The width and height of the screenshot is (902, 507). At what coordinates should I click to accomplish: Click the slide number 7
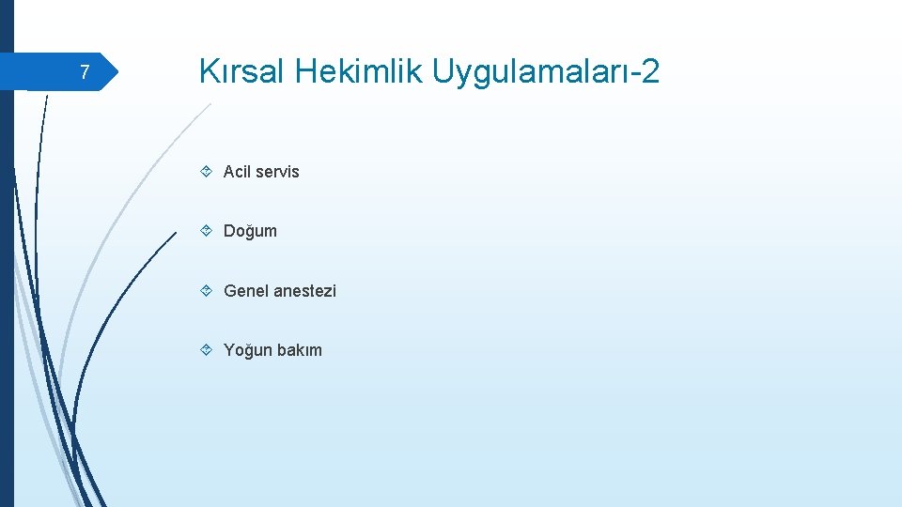pos(85,72)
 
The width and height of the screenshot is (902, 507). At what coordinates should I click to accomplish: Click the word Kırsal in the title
pos(240,70)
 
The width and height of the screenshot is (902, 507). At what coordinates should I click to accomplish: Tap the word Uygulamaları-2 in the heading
pos(546,70)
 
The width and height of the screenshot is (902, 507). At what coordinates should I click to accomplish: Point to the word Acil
pos(238,171)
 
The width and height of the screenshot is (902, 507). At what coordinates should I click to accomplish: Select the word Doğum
pos(250,231)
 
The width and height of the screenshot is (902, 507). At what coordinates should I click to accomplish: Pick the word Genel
pos(245,291)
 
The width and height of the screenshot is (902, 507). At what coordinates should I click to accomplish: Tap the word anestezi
pos(304,291)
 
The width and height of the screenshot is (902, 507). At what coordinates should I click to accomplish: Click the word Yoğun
pos(245,350)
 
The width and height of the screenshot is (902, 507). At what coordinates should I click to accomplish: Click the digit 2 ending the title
pos(649,70)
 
